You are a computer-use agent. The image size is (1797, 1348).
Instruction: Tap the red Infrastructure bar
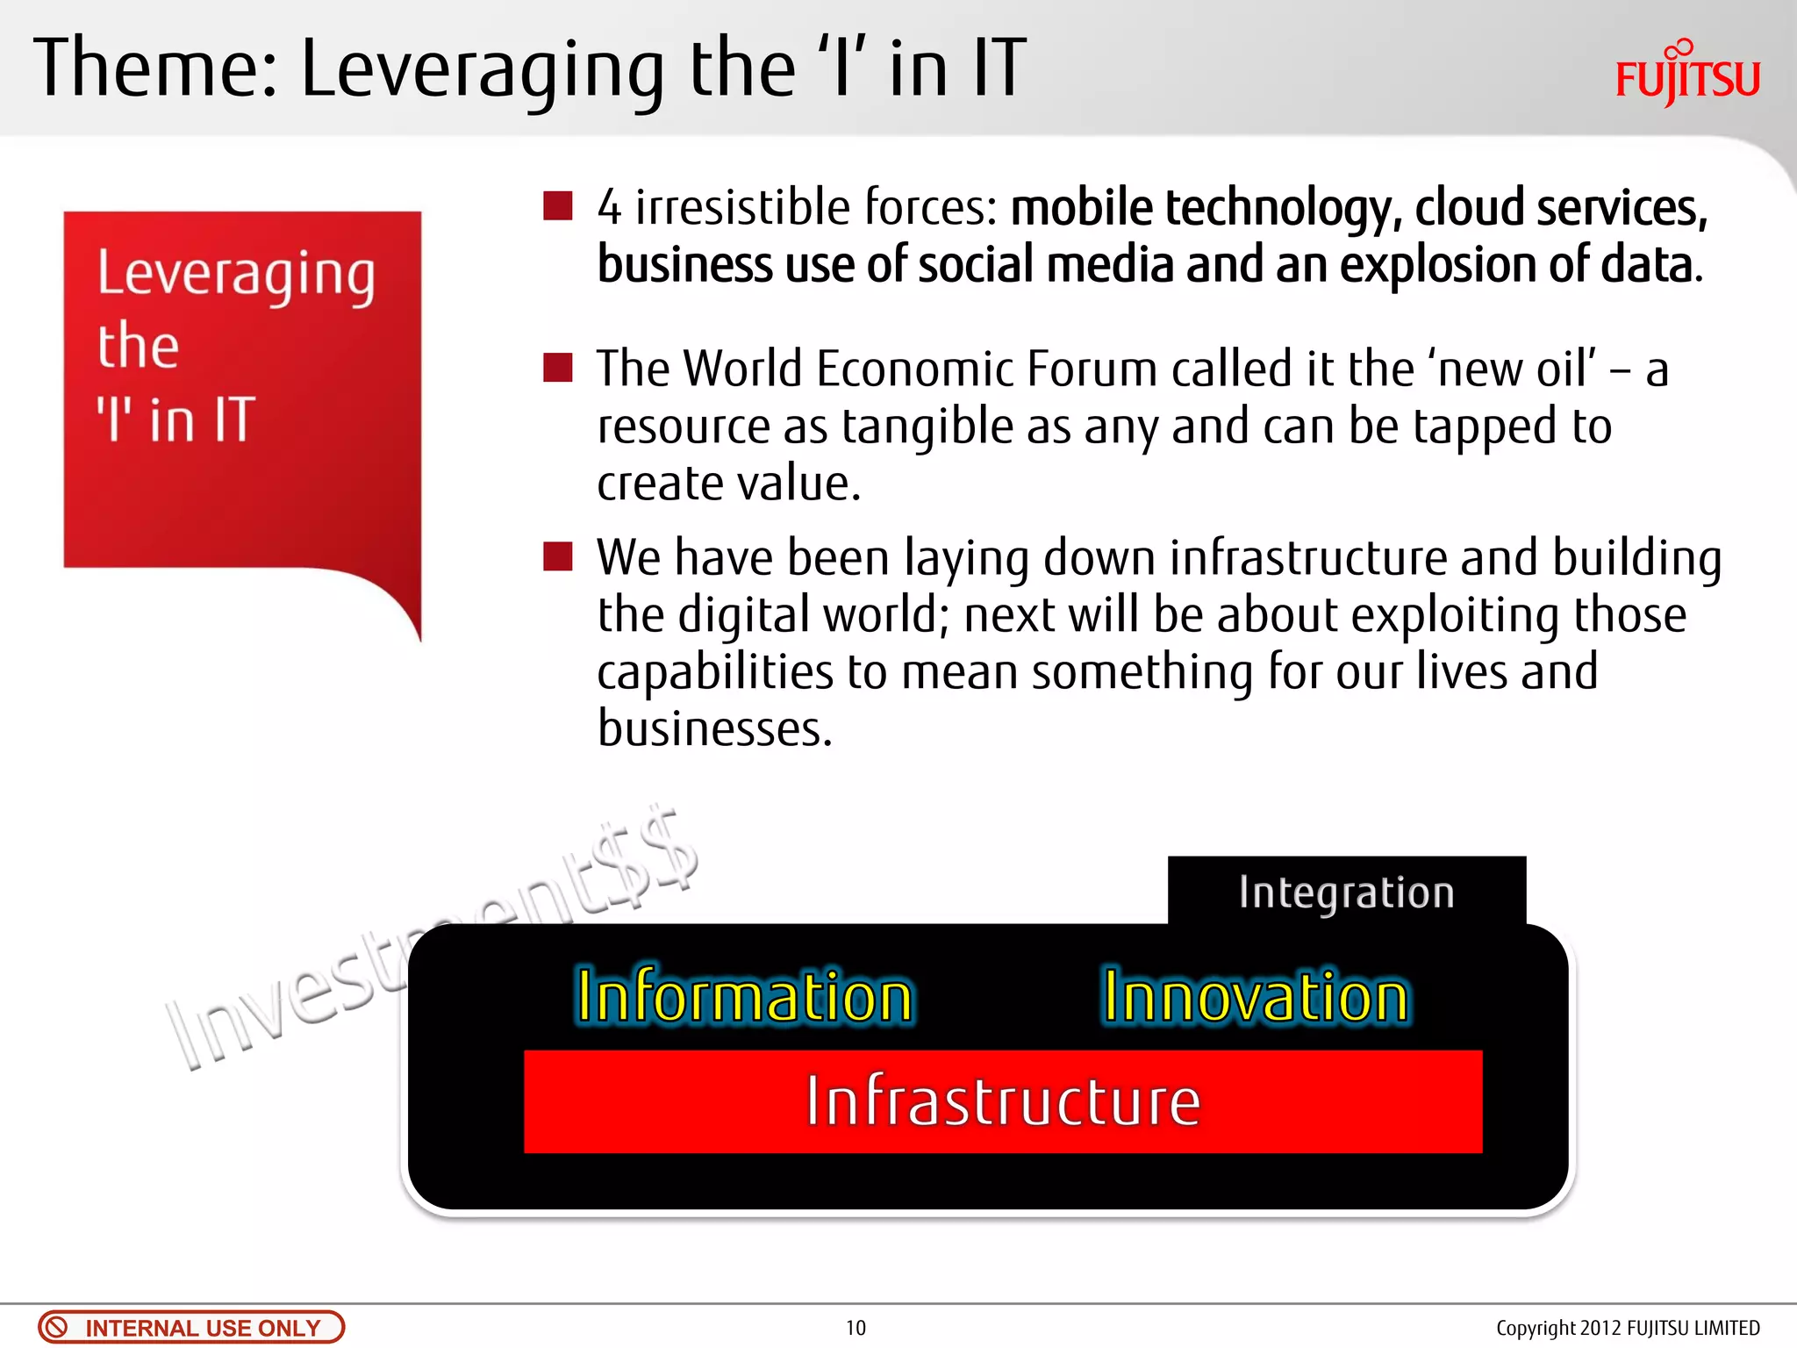(x=1002, y=1101)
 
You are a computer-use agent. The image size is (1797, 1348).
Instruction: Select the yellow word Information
(x=744, y=997)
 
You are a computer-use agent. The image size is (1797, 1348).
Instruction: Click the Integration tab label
(x=1346, y=893)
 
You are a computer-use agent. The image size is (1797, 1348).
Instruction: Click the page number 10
(x=856, y=1328)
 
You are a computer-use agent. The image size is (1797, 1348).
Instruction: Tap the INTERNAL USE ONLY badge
(x=191, y=1327)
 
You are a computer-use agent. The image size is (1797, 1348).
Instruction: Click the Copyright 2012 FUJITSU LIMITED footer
(x=1628, y=1328)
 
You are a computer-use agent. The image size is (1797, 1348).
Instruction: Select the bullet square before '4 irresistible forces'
(x=558, y=206)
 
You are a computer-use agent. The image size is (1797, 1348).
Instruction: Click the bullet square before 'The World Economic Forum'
(x=558, y=368)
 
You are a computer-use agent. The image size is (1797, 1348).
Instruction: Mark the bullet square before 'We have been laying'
(x=558, y=556)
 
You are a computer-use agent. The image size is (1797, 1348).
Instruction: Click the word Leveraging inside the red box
(x=235, y=275)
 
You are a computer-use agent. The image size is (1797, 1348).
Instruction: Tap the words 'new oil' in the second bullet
(x=1515, y=369)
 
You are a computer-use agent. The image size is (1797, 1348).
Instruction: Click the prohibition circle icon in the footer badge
(x=56, y=1327)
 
